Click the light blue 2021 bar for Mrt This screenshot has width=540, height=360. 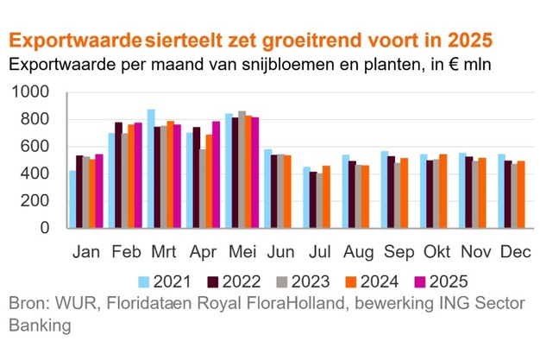(151, 169)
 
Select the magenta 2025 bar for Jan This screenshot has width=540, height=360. (100, 192)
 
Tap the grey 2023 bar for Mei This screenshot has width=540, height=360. (242, 170)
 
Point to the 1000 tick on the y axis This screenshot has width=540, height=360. (33, 92)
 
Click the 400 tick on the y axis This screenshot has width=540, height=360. (38, 174)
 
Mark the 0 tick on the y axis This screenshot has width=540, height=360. (48, 229)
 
